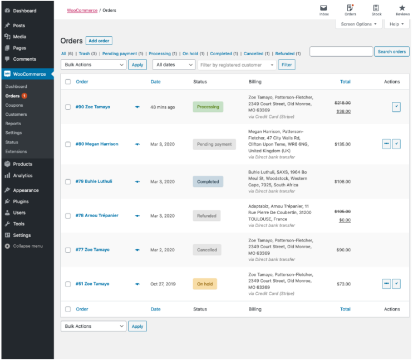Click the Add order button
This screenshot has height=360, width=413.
(99, 41)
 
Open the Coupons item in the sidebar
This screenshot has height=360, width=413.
(14, 105)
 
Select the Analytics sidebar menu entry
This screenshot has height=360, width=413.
(23, 175)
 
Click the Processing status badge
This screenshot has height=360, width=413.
(208, 107)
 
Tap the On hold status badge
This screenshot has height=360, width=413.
(205, 284)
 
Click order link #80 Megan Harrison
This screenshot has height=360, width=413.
(97, 144)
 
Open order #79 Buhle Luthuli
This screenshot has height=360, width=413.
(94, 181)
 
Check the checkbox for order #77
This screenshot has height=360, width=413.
(68, 250)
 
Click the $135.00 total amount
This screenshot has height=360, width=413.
(342, 144)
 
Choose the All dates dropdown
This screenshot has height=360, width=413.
(174, 65)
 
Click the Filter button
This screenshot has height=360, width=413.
(287, 65)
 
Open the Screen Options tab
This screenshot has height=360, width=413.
(359, 24)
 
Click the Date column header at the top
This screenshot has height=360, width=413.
(156, 82)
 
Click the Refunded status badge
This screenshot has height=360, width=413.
(206, 215)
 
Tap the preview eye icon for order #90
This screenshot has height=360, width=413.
(137, 107)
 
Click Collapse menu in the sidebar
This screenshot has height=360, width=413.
(27, 246)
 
